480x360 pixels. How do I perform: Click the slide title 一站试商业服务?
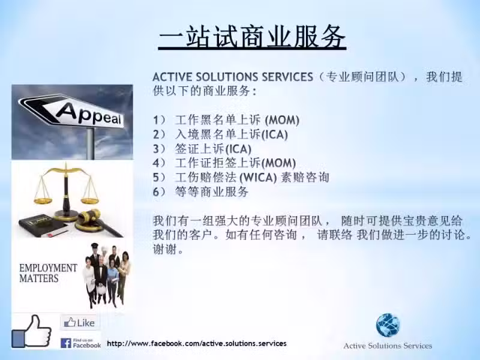(252, 37)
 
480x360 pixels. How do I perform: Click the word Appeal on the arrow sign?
(89, 115)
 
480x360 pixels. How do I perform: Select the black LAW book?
(43, 226)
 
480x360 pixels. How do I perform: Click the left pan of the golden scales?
(43, 200)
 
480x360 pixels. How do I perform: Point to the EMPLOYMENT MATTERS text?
(48, 273)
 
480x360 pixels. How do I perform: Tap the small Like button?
(79, 322)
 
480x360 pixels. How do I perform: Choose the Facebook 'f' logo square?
(66, 343)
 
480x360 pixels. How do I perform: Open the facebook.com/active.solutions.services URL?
(197, 343)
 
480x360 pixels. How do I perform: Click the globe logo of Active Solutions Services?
(388, 325)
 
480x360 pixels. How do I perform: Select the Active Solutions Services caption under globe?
(388, 346)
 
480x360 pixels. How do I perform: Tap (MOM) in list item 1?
(282, 119)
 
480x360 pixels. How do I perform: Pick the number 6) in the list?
(159, 192)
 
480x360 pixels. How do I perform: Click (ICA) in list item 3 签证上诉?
(238, 149)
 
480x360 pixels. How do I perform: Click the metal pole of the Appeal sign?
(91, 143)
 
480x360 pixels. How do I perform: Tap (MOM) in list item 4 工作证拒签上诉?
(278, 163)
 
